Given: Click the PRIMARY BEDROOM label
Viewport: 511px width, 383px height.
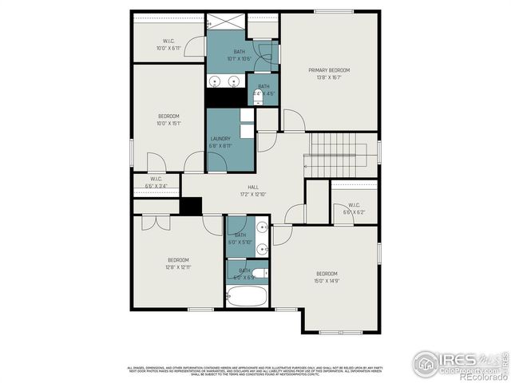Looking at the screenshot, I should click(x=330, y=70).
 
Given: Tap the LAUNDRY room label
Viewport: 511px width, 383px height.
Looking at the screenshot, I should click(x=220, y=138).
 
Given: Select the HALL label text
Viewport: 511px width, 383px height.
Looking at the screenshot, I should click(x=252, y=188).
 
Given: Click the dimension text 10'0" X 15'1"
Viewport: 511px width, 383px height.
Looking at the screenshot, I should click(x=168, y=123).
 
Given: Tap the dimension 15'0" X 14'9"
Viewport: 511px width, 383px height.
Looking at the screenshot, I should click(x=327, y=281).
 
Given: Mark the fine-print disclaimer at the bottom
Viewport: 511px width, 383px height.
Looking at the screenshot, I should click(x=255, y=370).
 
